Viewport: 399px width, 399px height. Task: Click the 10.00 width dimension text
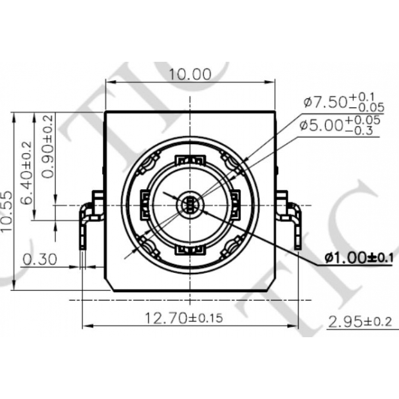190,74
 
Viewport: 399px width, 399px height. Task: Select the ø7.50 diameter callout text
325,102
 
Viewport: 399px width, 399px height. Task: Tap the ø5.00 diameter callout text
321,125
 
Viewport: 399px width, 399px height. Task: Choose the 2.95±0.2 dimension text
360,321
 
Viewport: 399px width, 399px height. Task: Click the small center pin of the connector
190,205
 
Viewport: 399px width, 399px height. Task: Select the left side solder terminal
89,219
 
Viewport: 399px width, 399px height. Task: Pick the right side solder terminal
290,219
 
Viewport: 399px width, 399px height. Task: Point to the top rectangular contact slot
190,160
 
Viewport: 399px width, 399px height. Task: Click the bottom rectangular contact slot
190,250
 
